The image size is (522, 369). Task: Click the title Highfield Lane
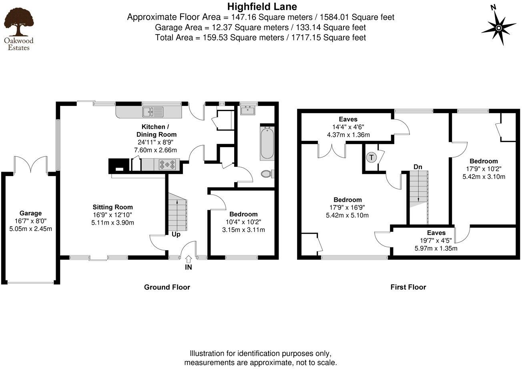(262, 6)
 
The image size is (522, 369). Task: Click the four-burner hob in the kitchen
(167, 164)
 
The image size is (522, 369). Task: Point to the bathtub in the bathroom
(267, 143)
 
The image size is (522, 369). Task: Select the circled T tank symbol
(371, 157)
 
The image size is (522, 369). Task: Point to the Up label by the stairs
(176, 234)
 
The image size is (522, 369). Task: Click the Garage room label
(30, 213)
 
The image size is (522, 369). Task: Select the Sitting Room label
(112, 207)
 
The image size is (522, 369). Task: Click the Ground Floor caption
(167, 287)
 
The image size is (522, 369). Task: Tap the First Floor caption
(408, 287)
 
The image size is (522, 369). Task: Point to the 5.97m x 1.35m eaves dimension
(436, 248)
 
